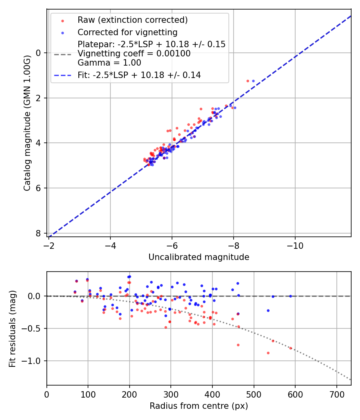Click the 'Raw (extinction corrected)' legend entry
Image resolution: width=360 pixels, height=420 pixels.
coord(132,20)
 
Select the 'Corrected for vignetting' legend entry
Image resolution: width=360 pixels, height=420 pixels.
coord(128,32)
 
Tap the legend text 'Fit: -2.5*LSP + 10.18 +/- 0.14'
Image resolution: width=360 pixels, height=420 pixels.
coord(139,75)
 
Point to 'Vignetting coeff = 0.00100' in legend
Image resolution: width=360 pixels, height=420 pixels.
coord(134,54)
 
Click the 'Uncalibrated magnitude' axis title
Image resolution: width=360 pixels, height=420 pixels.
coord(199,257)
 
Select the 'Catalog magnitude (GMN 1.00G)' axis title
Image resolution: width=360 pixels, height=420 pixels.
coord(27,122)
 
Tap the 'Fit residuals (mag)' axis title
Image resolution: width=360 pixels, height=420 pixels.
coord(12,328)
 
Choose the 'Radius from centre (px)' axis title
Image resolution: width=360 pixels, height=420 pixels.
coord(199,406)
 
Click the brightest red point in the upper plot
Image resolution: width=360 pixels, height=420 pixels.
coord(248,81)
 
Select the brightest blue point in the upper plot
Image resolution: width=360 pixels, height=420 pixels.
coord(253,81)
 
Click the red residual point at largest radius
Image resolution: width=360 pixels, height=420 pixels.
coord(290,348)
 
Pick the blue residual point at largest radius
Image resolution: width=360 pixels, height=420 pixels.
coord(290,296)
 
